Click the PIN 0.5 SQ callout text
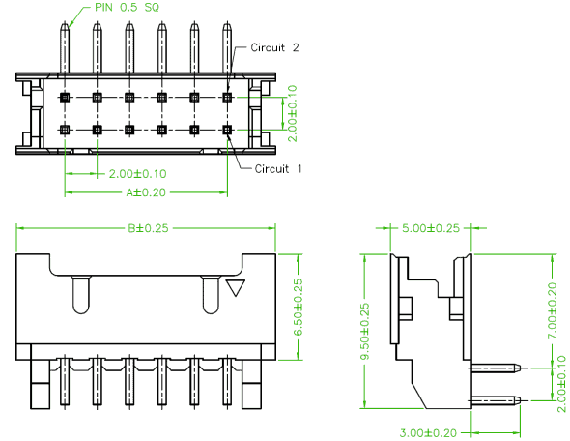tap(127, 8)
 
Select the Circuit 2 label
tap(274, 47)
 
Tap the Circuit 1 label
tap(278, 169)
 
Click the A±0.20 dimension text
tap(146, 192)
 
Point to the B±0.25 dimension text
tap(149, 228)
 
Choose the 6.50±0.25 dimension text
tap(299, 308)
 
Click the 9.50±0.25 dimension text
tap(364, 332)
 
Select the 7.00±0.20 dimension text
tap(553, 310)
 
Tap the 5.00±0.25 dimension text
tap(431, 228)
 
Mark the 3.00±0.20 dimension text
tap(428, 433)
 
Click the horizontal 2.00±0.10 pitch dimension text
tap(138, 173)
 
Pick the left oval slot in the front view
tap(81, 295)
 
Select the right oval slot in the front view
tap(211, 295)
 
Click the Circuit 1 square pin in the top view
tap(227, 130)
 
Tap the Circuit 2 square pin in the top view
tap(227, 97)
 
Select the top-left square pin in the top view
tap(65, 97)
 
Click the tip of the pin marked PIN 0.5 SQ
tap(65, 22)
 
